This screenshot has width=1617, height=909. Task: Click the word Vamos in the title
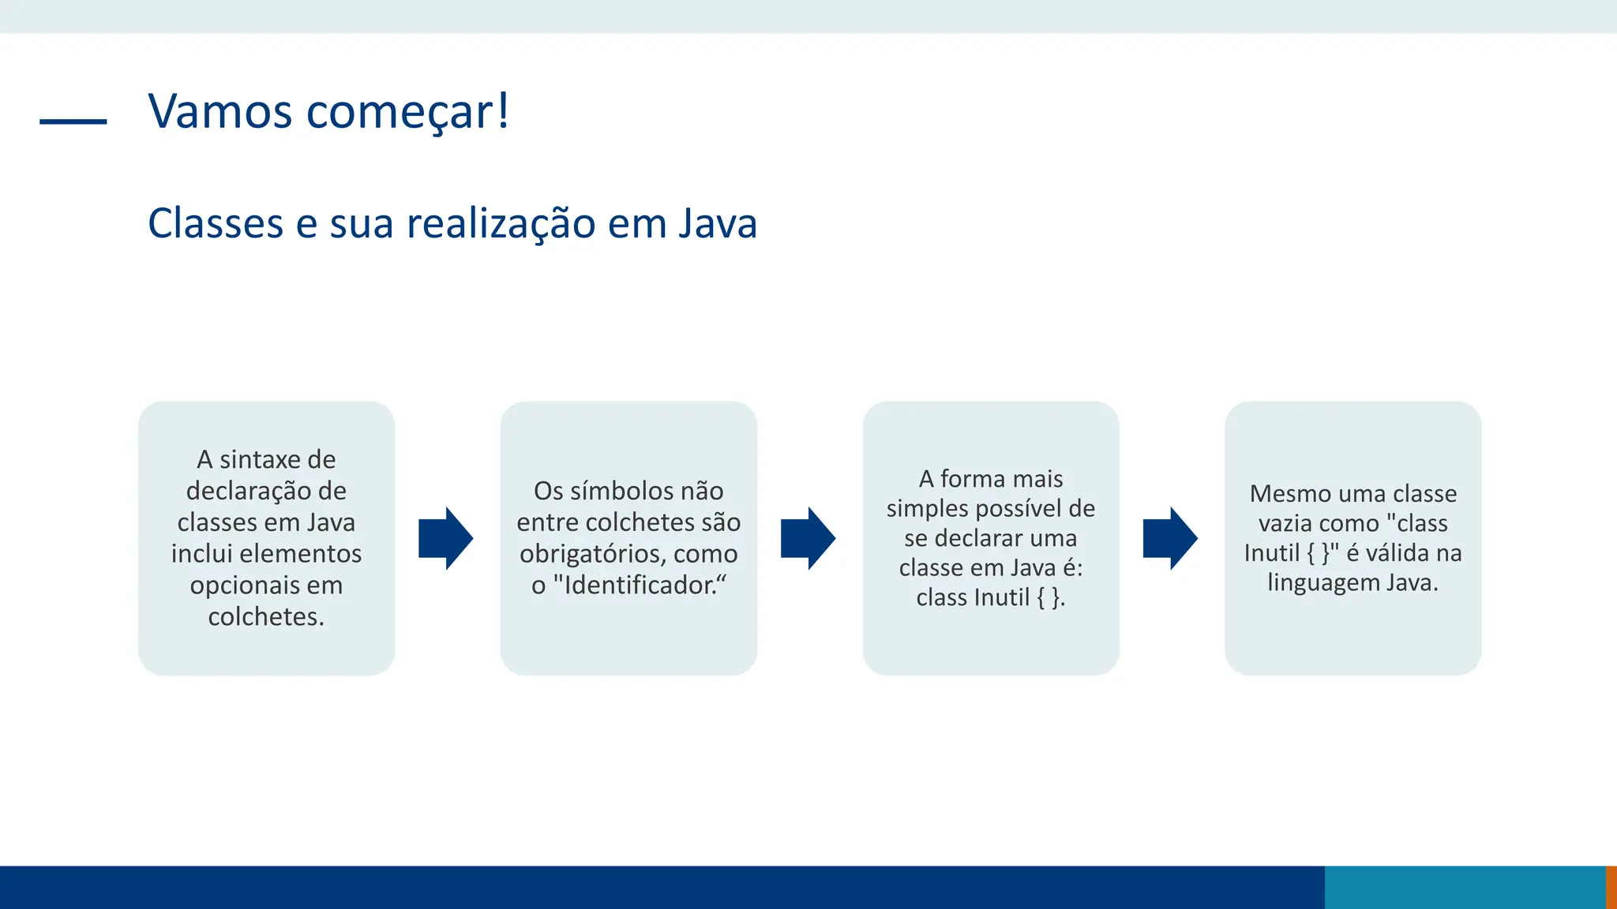pyautogui.click(x=220, y=111)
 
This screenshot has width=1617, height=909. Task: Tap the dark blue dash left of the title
pyautogui.click(x=73, y=122)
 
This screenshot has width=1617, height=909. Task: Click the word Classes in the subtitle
pyautogui.click(x=215, y=223)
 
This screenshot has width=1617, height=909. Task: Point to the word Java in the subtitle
pyautogui.click(x=718, y=223)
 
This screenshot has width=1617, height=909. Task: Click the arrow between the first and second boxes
pyautogui.click(x=446, y=538)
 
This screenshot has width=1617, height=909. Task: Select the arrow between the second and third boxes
pyautogui.click(x=808, y=538)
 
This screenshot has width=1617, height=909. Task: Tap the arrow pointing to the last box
pyautogui.click(x=1170, y=538)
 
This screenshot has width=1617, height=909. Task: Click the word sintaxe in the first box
pyautogui.click(x=249, y=459)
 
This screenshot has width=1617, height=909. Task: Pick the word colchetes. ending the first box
pyautogui.click(x=266, y=616)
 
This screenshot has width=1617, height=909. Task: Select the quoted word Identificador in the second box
pyautogui.click(x=640, y=585)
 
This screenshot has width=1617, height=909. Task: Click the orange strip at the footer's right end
pyautogui.click(x=1611, y=887)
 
